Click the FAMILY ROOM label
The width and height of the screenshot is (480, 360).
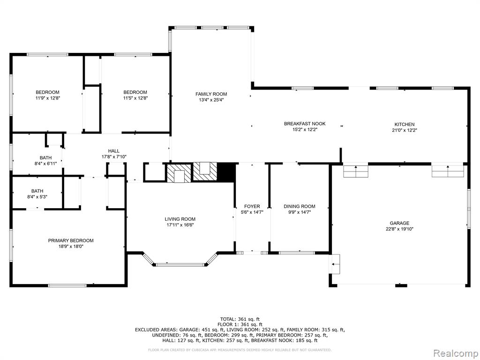tap(211, 94)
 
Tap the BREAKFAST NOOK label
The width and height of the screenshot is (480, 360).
tap(305, 124)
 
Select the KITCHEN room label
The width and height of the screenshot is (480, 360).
tap(405, 124)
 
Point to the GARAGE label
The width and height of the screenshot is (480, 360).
tap(399, 223)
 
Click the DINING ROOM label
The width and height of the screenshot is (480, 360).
tap(300, 206)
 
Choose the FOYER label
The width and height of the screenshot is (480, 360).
tap(252, 206)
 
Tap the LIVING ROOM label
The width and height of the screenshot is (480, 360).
tap(180, 219)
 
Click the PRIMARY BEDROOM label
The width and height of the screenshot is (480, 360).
tap(71, 240)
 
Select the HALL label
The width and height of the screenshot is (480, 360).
tap(114, 151)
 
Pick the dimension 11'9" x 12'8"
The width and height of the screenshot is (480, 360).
tap(47, 98)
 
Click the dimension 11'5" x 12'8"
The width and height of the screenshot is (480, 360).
tap(135, 98)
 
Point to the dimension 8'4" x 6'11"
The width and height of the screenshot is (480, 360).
tap(45, 164)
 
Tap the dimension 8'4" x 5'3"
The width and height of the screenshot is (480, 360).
tap(37, 197)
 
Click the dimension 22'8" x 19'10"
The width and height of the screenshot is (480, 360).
tap(399, 229)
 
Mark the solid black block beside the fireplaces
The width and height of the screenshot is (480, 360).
tap(226, 172)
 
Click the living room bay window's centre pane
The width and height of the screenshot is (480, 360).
tap(180, 264)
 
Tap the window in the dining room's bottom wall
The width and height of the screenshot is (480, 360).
tap(297, 253)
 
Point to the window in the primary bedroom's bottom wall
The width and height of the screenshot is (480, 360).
tap(67, 285)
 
